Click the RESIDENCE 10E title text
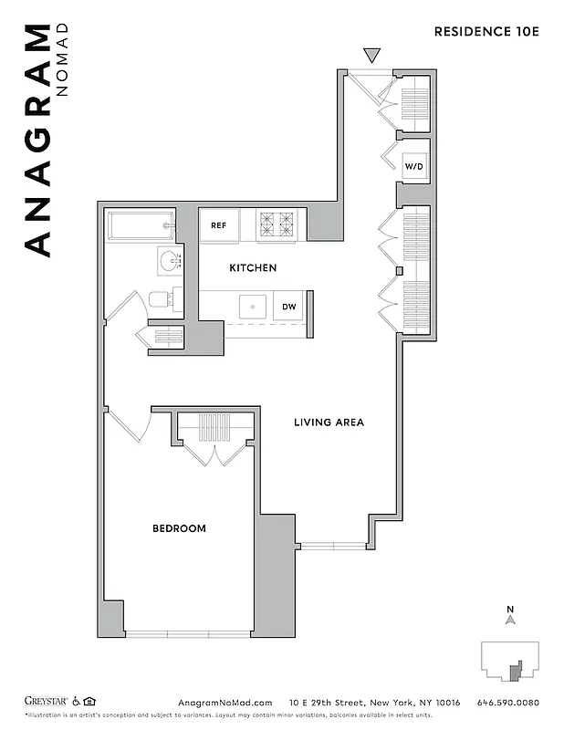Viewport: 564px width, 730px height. (486, 31)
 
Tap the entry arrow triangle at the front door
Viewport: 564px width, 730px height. (371, 56)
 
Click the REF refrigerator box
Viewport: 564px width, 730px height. (219, 225)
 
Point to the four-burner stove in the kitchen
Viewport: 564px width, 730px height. (277, 225)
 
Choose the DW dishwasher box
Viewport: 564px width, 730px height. (288, 307)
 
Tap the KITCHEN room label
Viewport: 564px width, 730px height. (252, 268)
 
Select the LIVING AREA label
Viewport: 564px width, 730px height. (329, 422)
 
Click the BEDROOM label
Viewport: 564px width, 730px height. (179, 528)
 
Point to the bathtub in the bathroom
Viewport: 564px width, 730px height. (140, 225)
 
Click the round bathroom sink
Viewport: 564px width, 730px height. (169, 261)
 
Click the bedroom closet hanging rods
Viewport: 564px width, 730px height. (211, 428)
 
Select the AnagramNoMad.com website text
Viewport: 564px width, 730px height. (225, 703)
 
